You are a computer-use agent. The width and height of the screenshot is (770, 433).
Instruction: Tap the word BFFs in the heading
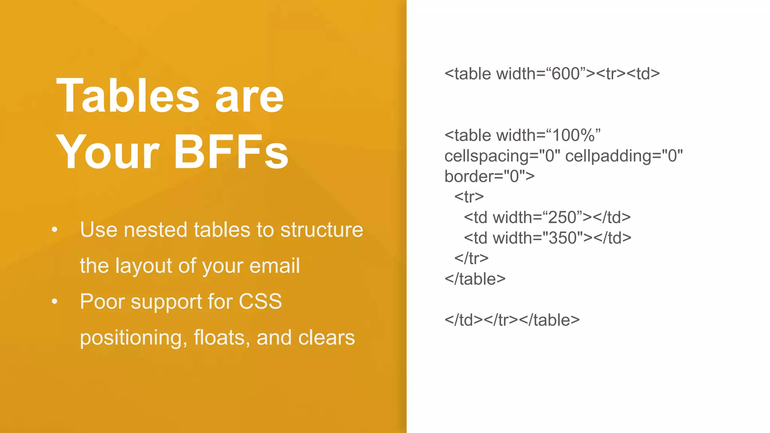[230, 152]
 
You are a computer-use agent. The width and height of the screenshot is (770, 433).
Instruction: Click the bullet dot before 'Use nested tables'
[55, 229]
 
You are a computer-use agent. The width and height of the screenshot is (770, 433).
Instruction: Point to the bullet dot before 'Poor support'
[55, 301]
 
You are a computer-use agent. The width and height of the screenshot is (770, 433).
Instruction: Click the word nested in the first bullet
[155, 230]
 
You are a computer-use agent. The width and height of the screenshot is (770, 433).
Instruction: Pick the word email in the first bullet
[274, 266]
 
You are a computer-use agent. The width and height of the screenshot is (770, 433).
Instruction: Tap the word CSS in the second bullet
[260, 301]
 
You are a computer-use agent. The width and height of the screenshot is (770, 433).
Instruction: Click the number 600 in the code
[566, 74]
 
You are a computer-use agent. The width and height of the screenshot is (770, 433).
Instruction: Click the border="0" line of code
[489, 176]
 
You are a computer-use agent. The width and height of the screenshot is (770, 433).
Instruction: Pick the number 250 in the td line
[562, 217]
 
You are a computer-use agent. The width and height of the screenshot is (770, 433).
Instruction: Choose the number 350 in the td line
[563, 238]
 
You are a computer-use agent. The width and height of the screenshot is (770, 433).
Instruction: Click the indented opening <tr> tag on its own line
[469, 197]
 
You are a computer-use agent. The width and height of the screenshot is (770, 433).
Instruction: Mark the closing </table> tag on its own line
[475, 279]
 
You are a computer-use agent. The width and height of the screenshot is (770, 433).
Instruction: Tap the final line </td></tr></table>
[512, 320]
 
